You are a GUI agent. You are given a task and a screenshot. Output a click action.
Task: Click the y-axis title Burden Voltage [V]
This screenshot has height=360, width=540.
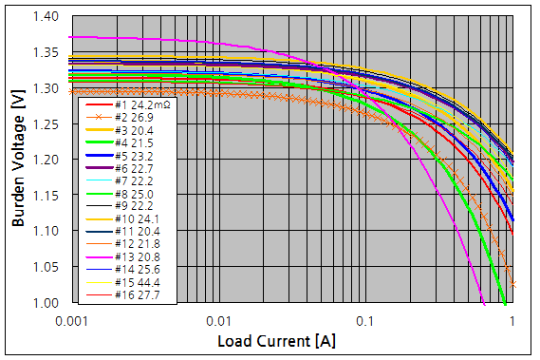pos(18,160)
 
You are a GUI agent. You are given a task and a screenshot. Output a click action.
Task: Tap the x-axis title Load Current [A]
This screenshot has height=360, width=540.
pos(276,340)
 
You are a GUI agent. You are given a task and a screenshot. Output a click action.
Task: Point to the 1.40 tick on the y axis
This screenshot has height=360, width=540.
pos(46,17)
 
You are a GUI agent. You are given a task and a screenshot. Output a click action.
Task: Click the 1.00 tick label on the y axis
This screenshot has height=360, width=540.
pos(46,303)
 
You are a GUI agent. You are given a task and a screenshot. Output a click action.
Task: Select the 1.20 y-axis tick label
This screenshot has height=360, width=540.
pos(46,160)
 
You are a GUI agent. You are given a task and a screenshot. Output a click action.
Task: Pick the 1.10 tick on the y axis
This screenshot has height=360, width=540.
pos(46,231)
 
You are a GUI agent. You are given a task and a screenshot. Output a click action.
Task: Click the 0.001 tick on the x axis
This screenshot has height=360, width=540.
pos(73,321)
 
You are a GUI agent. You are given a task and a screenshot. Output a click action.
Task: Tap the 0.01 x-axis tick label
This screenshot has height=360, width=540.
pos(220,321)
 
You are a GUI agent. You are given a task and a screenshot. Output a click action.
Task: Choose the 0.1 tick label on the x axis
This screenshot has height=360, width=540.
pos(367,321)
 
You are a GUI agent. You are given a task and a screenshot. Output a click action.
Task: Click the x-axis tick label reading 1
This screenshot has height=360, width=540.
pos(513,321)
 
